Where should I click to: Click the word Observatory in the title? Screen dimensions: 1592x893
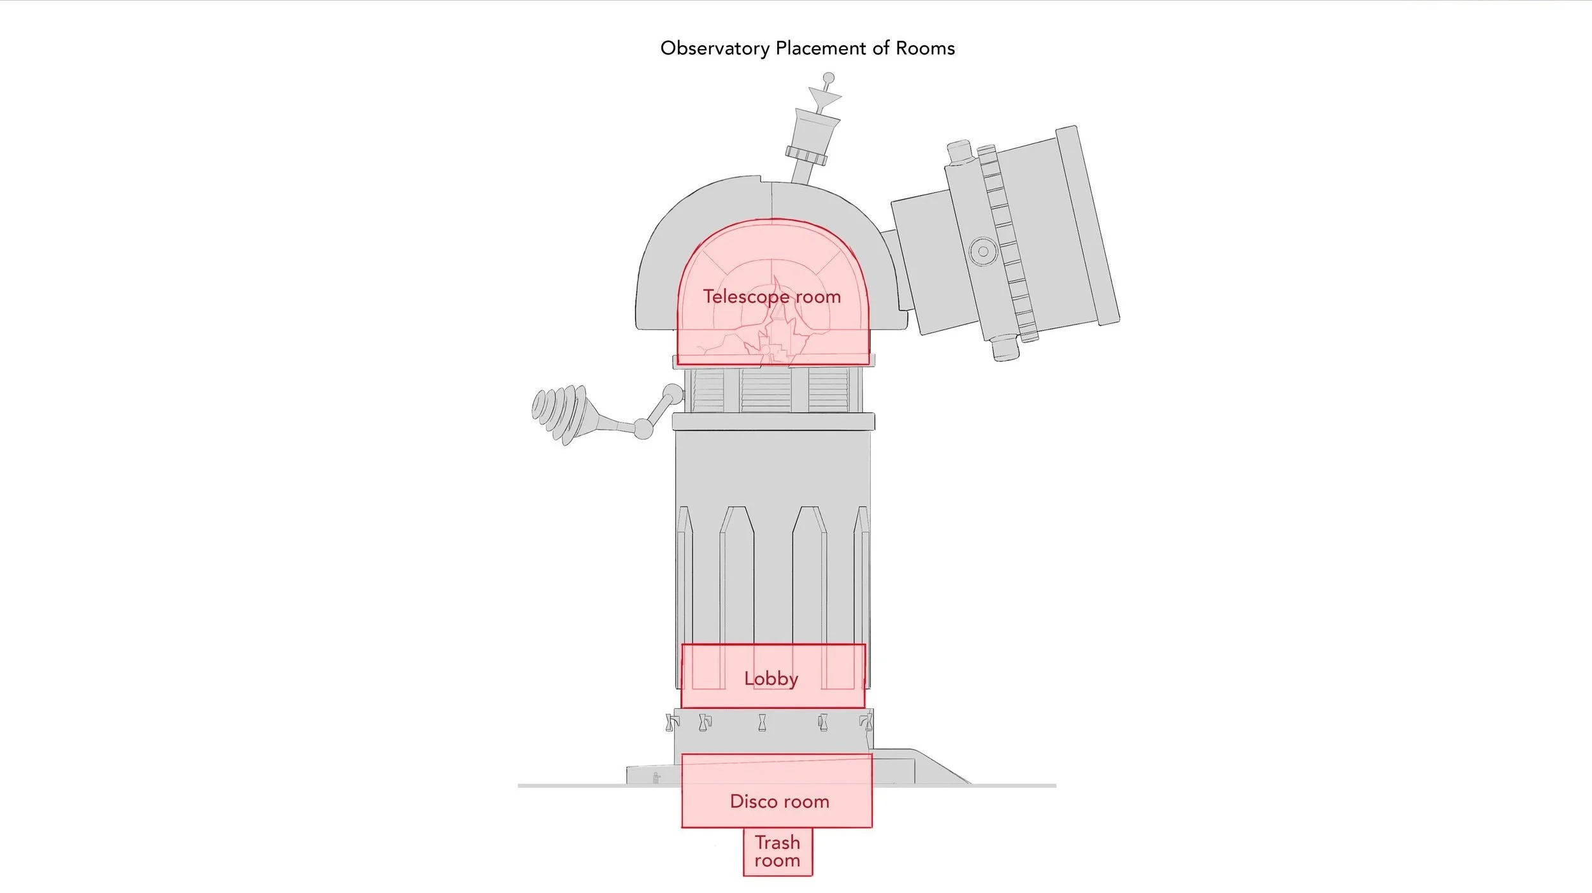pos(715,49)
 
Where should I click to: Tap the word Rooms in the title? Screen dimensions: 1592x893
pos(925,48)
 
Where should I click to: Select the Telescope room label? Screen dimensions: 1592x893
pos(771,297)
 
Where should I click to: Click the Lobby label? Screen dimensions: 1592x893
pos(771,678)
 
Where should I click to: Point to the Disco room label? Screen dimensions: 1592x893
pos(779,801)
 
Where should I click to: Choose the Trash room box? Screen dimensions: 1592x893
pos(778,852)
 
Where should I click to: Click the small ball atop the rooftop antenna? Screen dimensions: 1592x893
pos(829,78)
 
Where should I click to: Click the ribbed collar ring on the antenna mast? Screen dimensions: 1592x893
pos(807,155)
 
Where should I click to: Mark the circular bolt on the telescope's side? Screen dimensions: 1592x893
pos(983,251)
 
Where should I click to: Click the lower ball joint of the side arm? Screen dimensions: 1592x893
pos(643,429)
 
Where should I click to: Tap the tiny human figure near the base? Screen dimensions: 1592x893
pos(657,778)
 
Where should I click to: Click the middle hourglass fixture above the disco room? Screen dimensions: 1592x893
pos(763,723)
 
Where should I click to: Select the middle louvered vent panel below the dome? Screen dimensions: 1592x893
pos(766,390)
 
